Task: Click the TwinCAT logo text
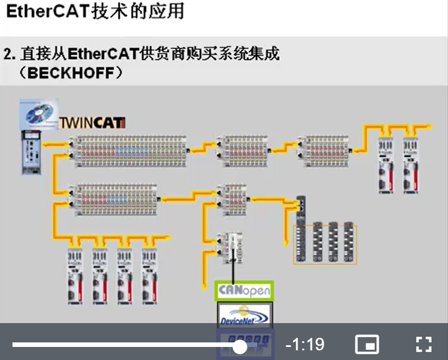click(x=93, y=123)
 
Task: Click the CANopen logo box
click(x=245, y=291)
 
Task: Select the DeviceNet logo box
click(x=245, y=314)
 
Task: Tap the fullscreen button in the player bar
click(x=424, y=344)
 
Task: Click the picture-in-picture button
click(x=367, y=344)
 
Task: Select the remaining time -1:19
click(x=304, y=345)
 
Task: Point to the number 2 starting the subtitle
click(x=7, y=55)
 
